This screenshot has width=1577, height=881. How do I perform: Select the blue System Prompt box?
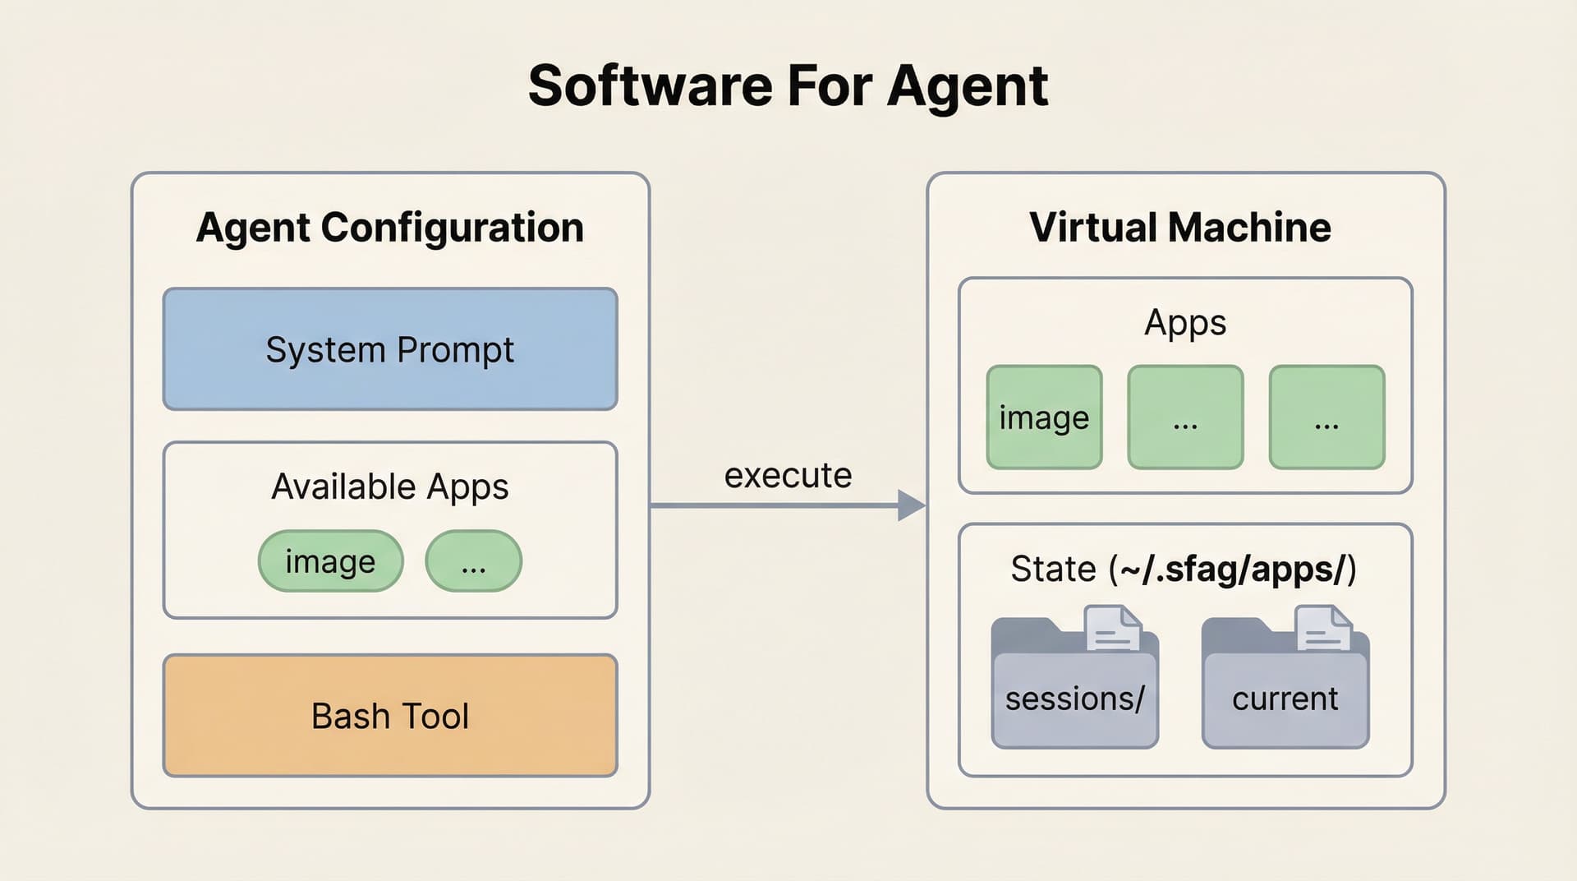390,349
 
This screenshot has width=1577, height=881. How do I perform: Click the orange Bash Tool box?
390,716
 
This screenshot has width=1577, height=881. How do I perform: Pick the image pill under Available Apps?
330,561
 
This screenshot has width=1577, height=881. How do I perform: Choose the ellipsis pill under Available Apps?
473,561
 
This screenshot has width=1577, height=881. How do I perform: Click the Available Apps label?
390,487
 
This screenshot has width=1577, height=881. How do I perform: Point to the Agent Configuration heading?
390,228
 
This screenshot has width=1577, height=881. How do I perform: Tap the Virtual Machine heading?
1179,228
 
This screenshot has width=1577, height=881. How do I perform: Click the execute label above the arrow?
788,476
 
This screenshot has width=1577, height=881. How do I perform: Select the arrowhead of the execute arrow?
911,505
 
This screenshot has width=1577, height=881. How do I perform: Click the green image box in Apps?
1044,417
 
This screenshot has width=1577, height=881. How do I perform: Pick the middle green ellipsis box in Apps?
1185,417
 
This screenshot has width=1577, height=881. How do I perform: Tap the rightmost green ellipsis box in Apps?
1326,417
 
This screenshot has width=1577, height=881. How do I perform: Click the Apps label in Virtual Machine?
1185,322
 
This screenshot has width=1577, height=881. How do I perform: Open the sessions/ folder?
1074,699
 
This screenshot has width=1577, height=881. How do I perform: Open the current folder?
1285,699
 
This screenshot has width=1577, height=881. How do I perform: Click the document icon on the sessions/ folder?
1113,629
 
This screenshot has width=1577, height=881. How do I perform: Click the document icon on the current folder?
1323,629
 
